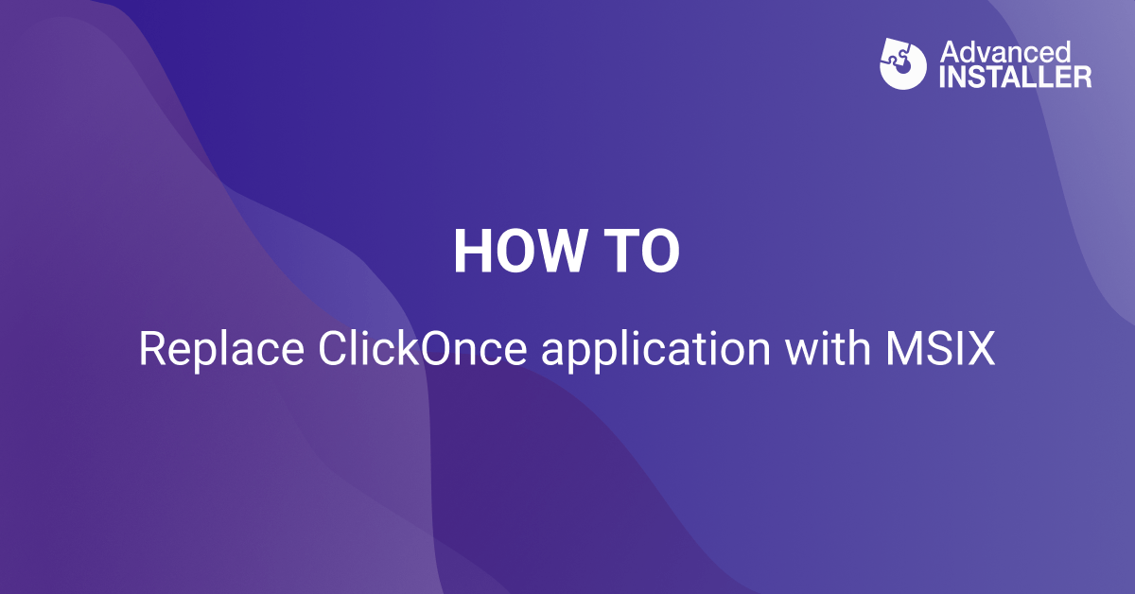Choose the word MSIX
(939, 350)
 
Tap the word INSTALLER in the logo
(1016, 77)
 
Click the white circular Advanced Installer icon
(903, 64)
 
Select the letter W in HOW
(562, 252)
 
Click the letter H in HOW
(473, 252)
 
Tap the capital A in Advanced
(949, 52)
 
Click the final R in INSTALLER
(1083, 77)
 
